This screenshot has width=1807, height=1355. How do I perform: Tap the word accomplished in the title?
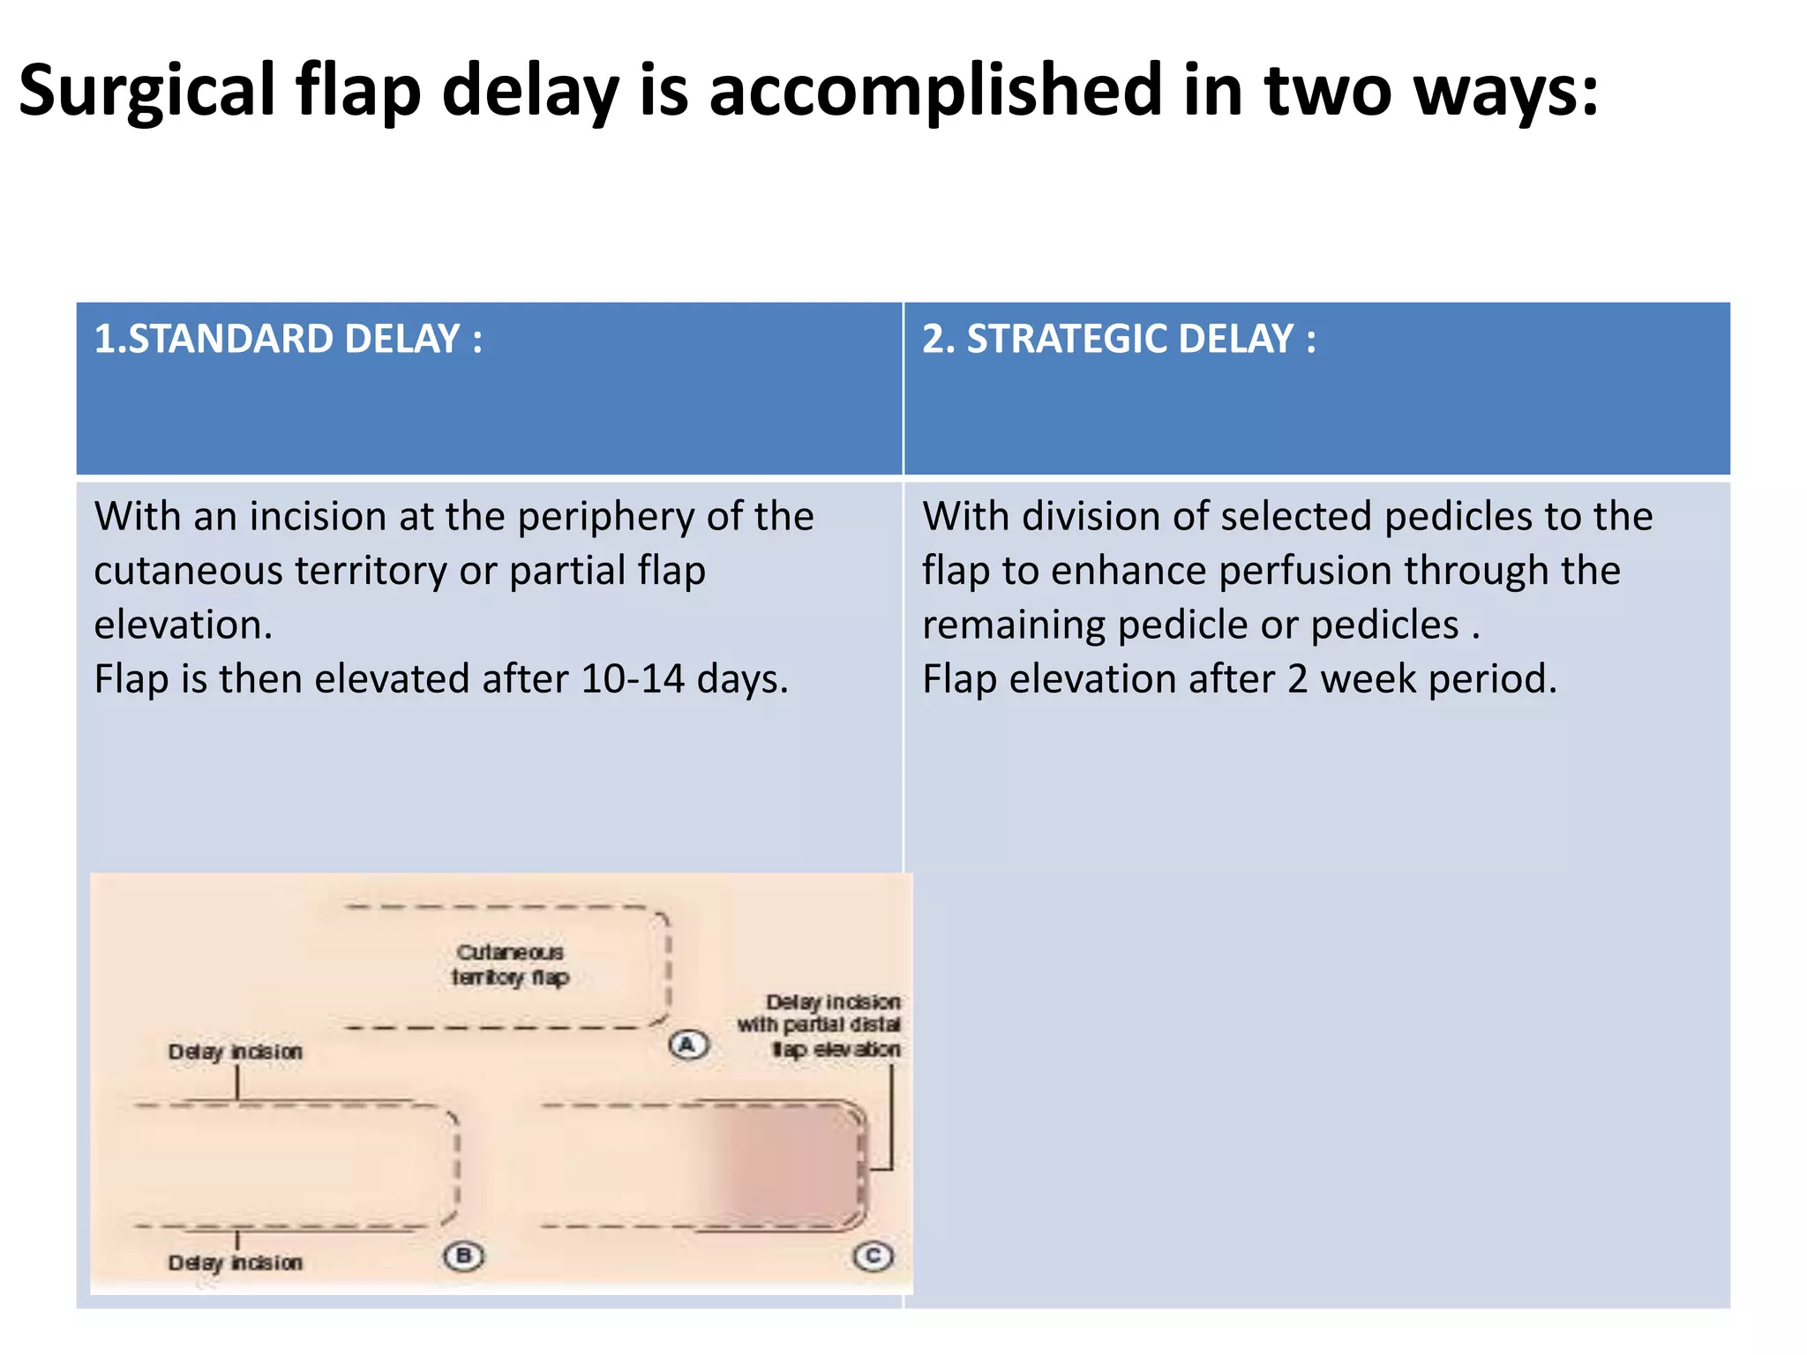935,91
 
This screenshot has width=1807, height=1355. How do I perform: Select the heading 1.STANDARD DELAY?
289,340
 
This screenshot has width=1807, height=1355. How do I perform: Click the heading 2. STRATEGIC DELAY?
1119,340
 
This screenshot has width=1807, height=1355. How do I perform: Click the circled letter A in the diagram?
688,1045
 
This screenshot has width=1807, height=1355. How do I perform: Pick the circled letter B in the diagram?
464,1255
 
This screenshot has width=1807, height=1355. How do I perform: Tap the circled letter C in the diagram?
874,1255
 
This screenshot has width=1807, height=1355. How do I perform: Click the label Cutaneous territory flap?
511,964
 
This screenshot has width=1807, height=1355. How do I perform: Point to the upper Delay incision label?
236,1052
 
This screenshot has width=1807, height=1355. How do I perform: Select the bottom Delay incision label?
236,1263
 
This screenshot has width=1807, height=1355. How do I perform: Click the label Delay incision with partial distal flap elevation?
821,1025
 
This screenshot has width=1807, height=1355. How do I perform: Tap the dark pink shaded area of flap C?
785,1164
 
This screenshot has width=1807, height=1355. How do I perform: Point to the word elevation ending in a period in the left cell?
183,625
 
